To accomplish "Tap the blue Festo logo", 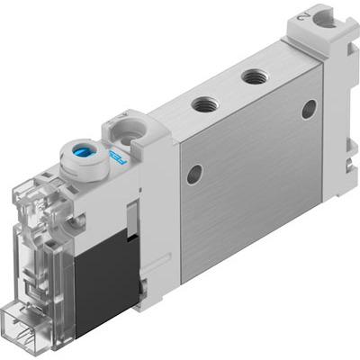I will (116, 161).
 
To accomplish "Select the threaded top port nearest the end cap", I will (256, 78).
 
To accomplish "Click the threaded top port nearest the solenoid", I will (204, 104).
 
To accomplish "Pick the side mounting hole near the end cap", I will (309, 109).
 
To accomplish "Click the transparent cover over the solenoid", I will (36, 225).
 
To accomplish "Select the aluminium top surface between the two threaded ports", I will (230, 91).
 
